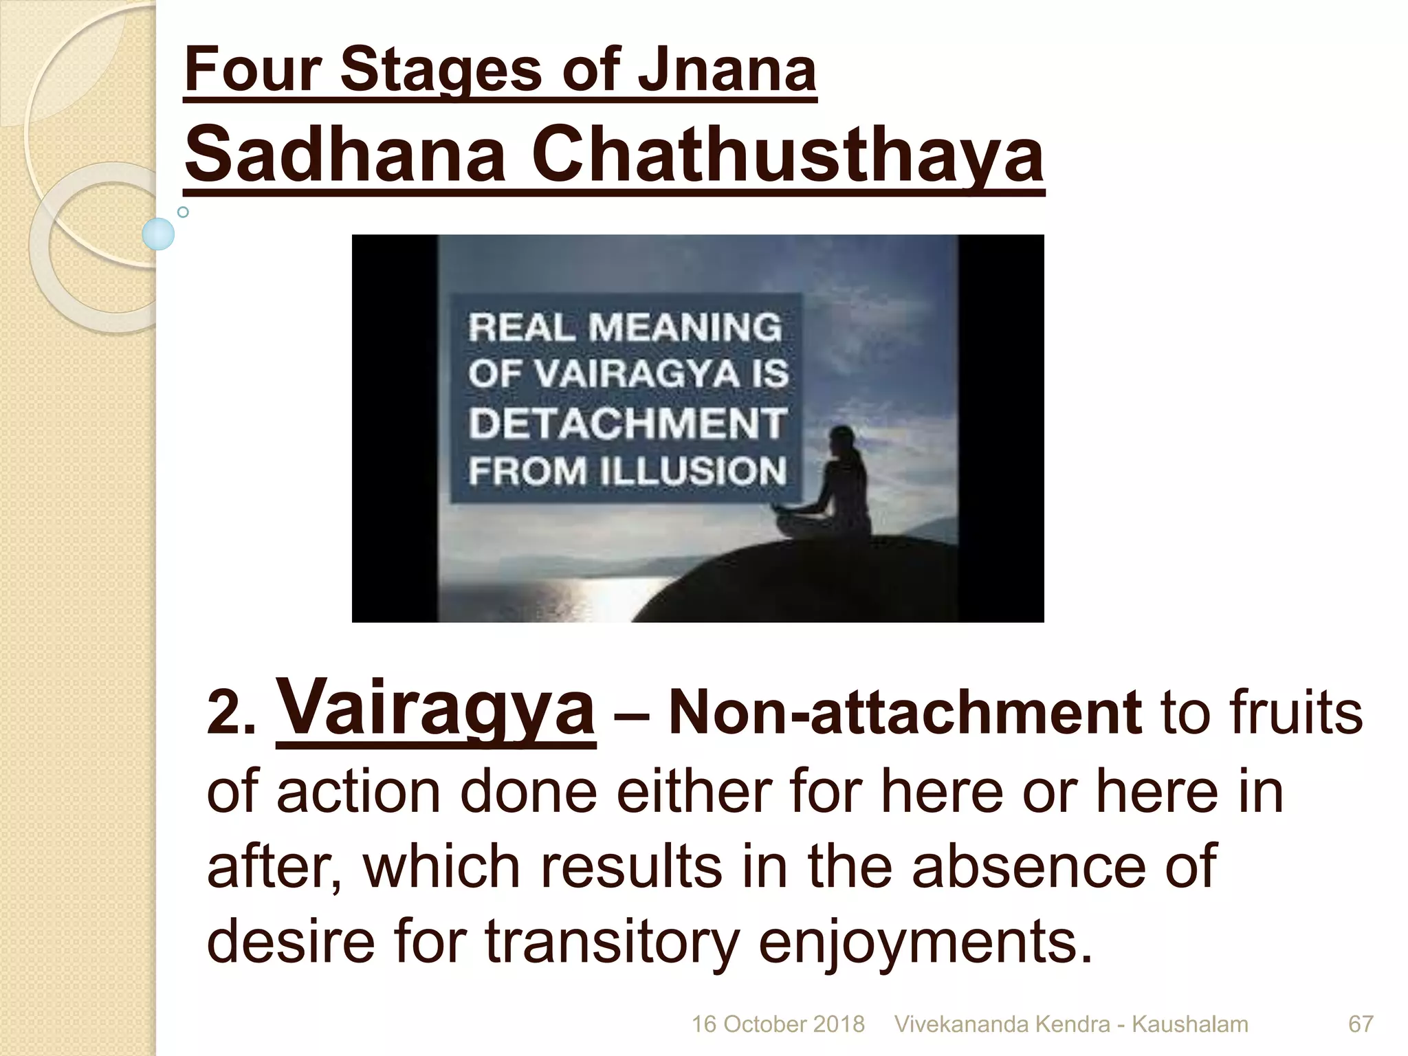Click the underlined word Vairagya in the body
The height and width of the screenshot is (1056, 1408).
pos(435,708)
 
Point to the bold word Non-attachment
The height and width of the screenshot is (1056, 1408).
pos(905,714)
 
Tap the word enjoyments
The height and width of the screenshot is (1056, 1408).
pos(925,940)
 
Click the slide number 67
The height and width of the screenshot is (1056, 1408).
pos(1361,1024)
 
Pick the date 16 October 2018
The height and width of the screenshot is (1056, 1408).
pos(778,1024)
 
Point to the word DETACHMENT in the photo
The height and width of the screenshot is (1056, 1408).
pos(627,422)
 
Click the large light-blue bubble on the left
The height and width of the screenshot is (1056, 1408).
pos(158,234)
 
